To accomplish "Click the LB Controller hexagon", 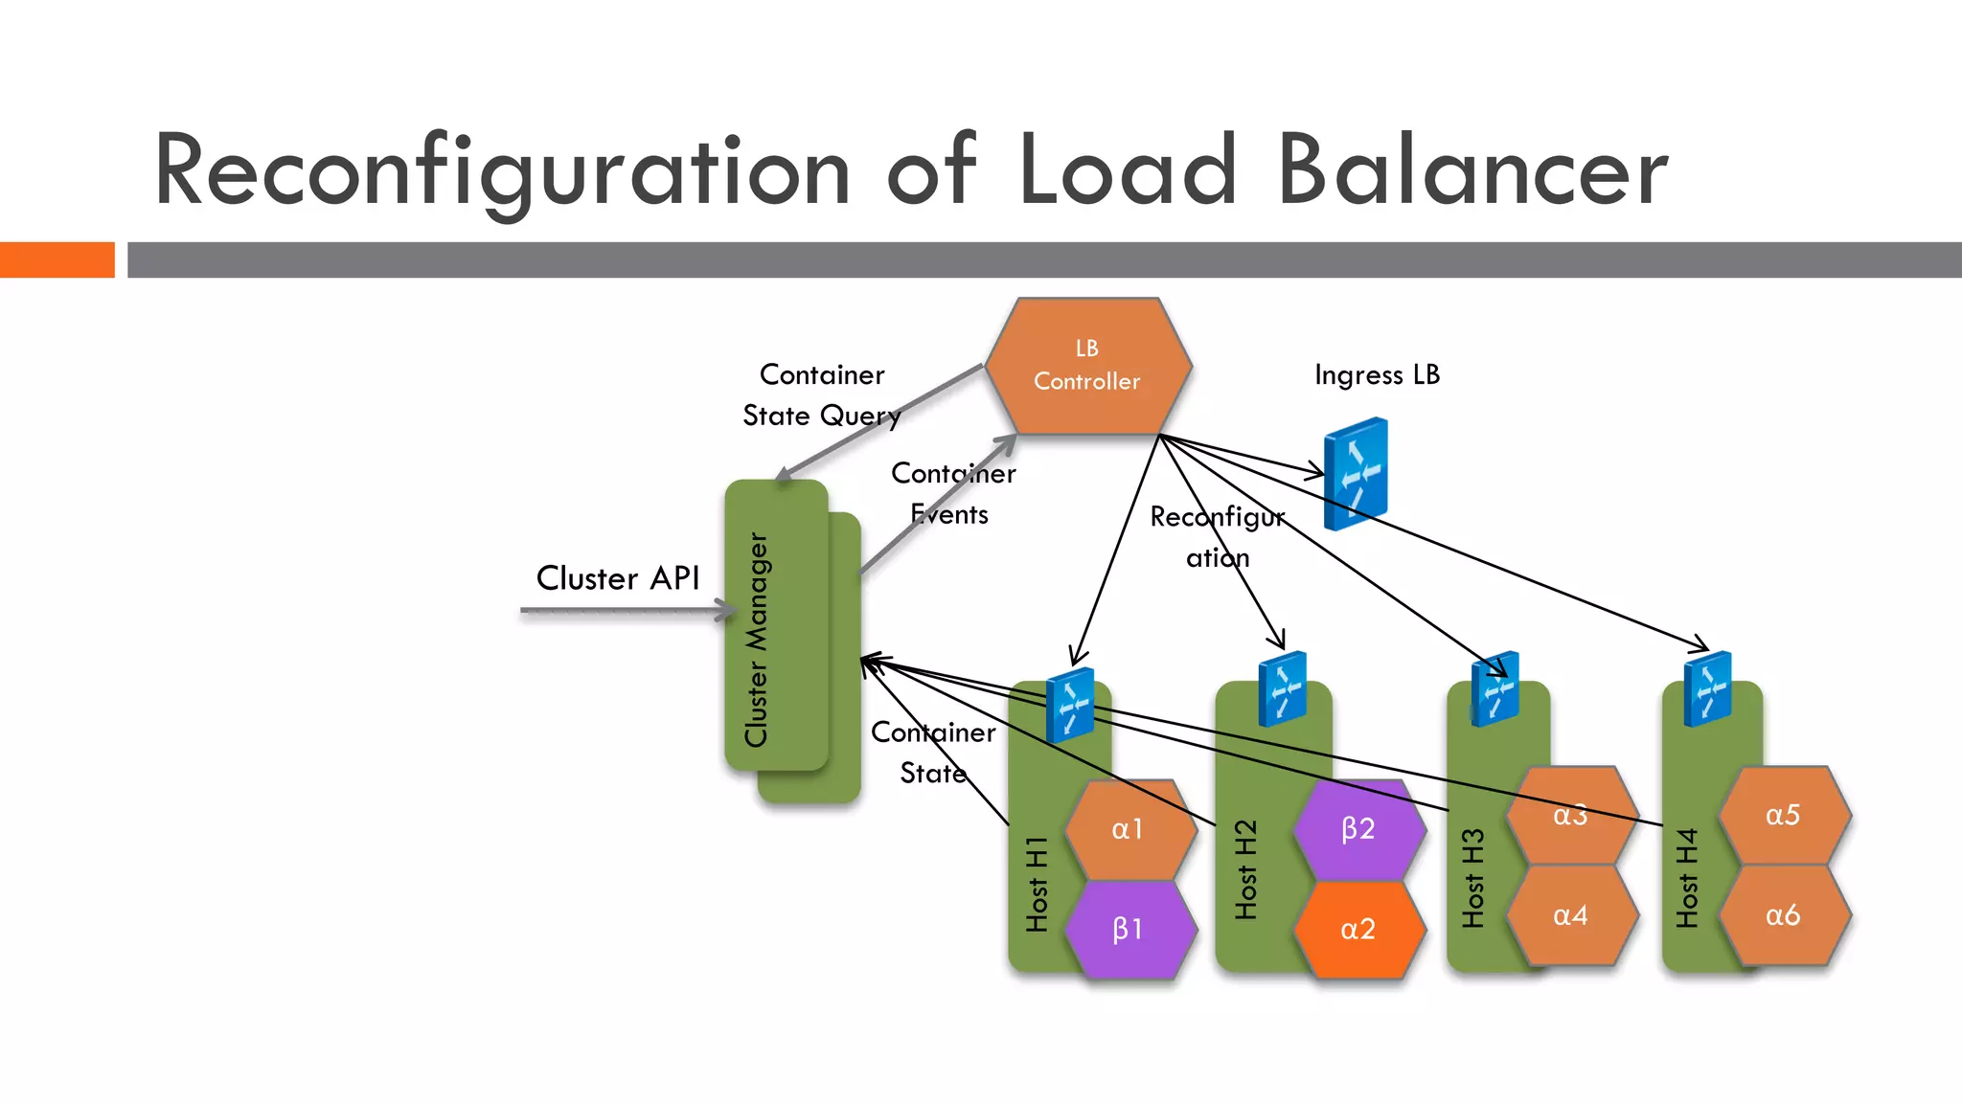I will click(1087, 366).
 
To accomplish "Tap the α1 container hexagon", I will click(1128, 829).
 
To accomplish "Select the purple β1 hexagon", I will click(1128, 929).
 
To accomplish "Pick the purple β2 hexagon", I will click(1357, 829).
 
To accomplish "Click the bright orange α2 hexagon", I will click(1357, 929).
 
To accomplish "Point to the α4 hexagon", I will click(1570, 915).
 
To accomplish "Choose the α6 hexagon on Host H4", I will click(1783, 915).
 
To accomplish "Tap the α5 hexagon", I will click(1783, 815).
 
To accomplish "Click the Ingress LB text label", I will click(1377, 374).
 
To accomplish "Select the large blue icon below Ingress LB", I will click(1356, 474).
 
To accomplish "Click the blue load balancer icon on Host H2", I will click(1283, 688).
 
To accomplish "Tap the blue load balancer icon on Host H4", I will click(1708, 688).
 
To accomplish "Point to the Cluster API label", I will click(618, 578).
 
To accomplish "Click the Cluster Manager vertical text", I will click(757, 640).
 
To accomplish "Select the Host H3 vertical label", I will click(1473, 878).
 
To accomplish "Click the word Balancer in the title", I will click(1472, 171).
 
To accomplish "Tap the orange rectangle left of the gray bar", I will click(57, 259).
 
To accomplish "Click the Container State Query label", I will click(822, 394).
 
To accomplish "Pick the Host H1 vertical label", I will click(1037, 884).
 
